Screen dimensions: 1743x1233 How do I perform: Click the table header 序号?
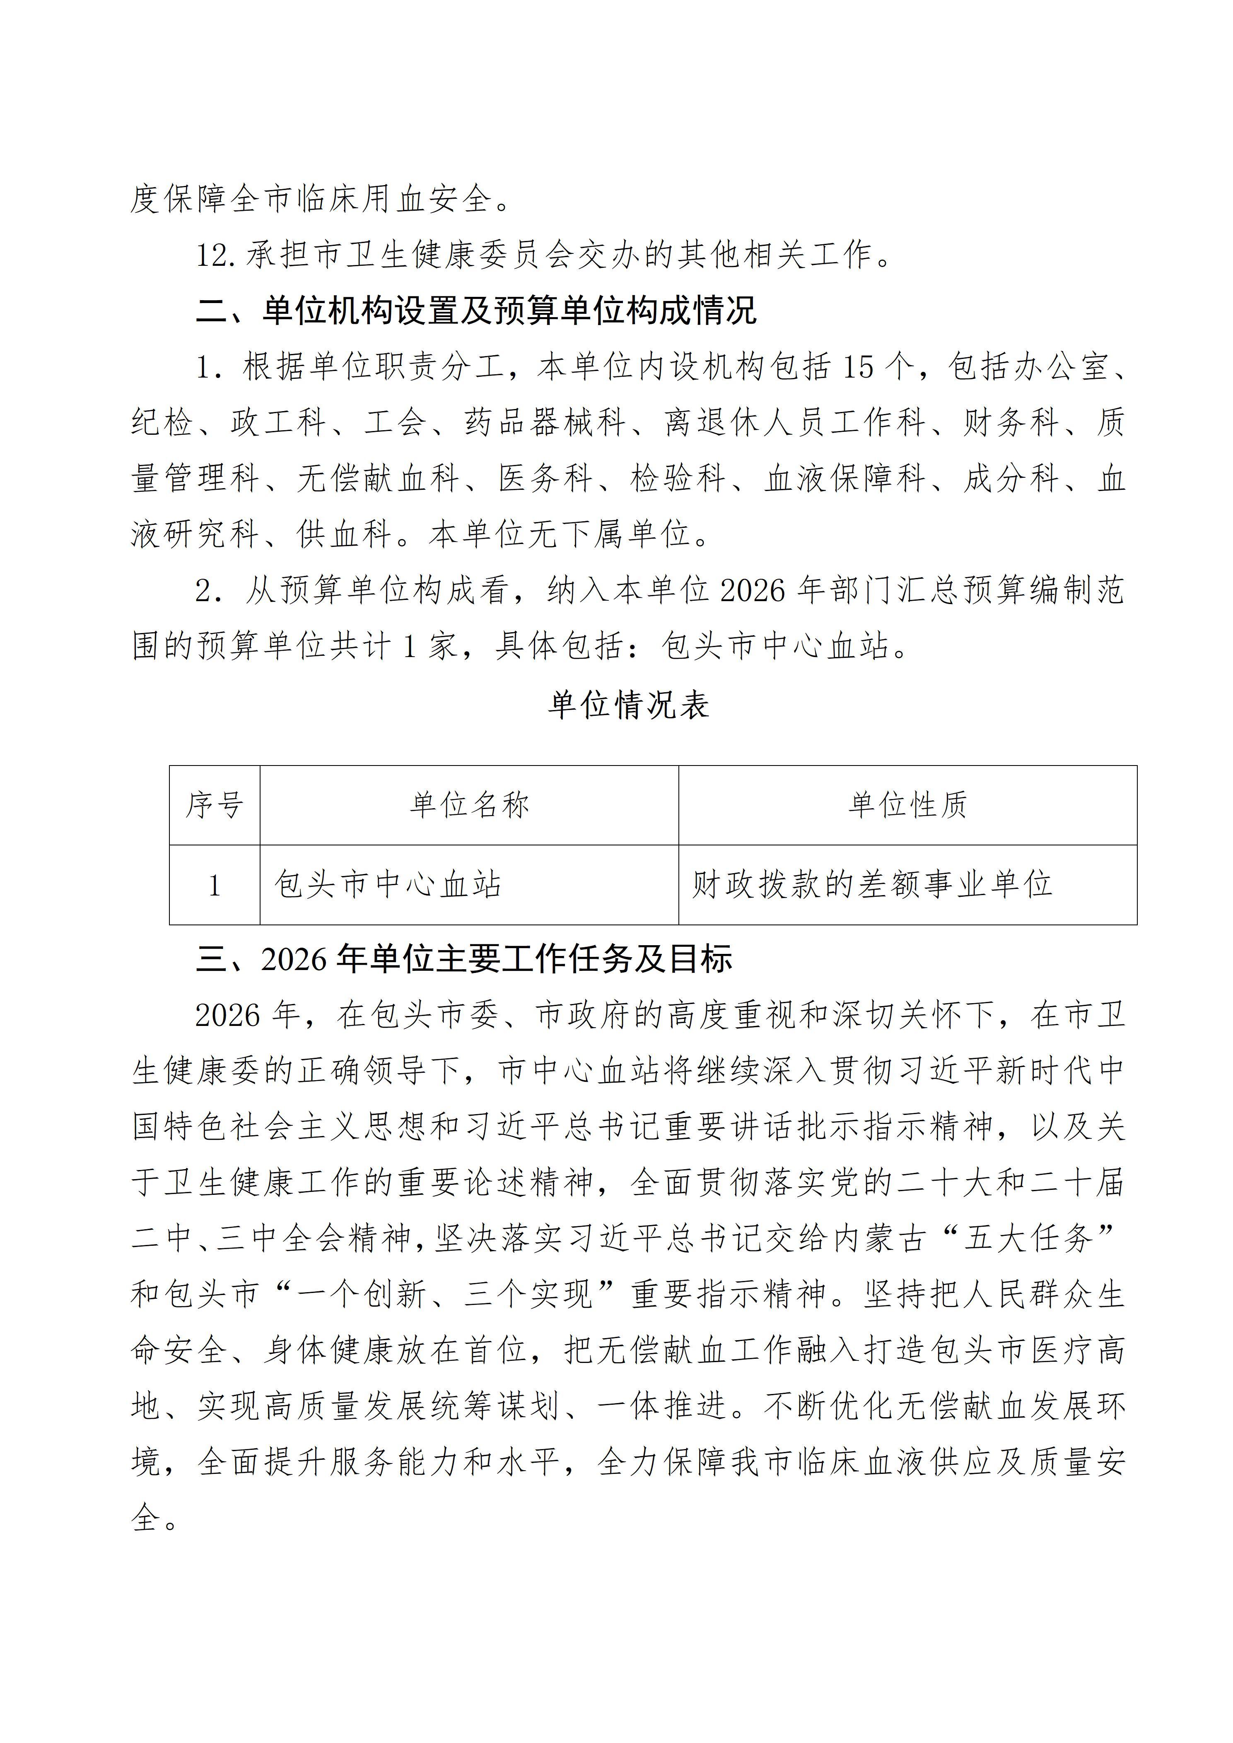(x=214, y=805)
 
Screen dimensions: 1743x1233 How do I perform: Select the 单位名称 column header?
(x=469, y=805)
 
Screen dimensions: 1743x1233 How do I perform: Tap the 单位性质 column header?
(x=907, y=805)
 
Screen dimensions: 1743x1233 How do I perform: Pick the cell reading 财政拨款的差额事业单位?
(x=871, y=884)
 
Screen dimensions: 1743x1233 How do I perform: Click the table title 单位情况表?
(x=629, y=705)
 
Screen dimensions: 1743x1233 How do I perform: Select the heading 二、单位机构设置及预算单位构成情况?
(x=477, y=311)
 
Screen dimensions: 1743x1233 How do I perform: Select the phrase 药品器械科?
(x=545, y=423)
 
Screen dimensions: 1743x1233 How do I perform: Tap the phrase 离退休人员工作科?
(x=795, y=423)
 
